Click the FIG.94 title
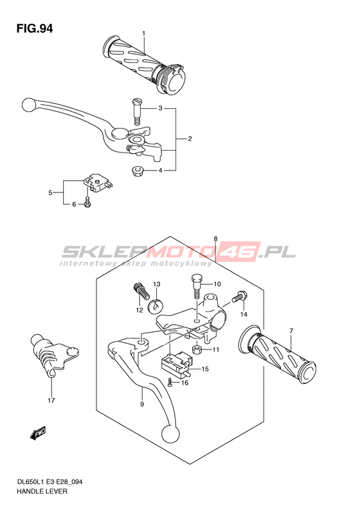34,29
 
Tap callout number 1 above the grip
143,33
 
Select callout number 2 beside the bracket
190,138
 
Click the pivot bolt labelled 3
137,112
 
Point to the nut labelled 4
136,171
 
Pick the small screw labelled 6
87,201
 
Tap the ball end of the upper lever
28,104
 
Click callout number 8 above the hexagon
215,239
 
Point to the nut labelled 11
197,349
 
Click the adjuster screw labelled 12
141,290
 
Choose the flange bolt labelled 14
239,297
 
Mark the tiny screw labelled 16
170,383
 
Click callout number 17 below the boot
51,400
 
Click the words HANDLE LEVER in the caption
42,491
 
